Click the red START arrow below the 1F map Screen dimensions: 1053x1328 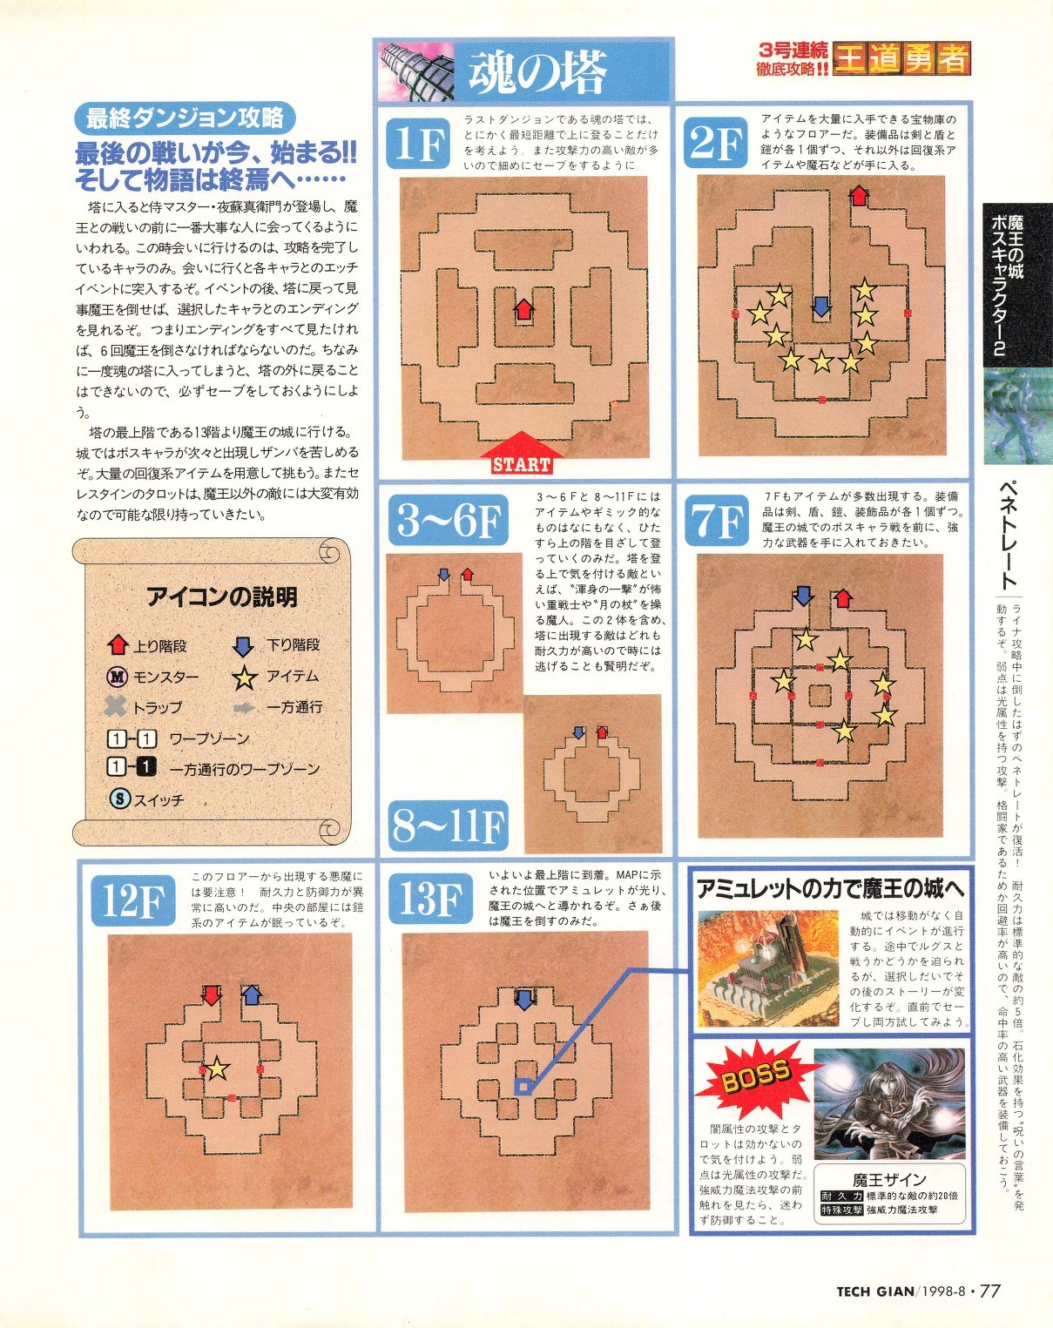click(x=520, y=453)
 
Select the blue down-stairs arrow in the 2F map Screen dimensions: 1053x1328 click(x=820, y=306)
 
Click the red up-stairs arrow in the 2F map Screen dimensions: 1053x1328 click(x=858, y=195)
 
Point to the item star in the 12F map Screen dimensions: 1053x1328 click(x=217, y=1068)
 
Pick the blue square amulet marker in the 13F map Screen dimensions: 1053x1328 click(x=523, y=1087)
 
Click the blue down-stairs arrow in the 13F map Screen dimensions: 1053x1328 click(x=524, y=999)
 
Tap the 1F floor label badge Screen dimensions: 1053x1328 click(x=418, y=144)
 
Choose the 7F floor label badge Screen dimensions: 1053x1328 click(x=717, y=522)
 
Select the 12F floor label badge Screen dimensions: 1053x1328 click(x=132, y=901)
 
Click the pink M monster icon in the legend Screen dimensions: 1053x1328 click(x=117, y=677)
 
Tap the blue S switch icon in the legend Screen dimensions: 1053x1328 click(x=119, y=799)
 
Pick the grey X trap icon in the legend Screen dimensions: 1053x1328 click(x=116, y=706)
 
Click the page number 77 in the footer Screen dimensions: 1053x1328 click(x=990, y=1291)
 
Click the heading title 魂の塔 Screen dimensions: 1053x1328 click(x=537, y=71)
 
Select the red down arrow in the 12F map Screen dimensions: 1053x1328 click(x=212, y=995)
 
